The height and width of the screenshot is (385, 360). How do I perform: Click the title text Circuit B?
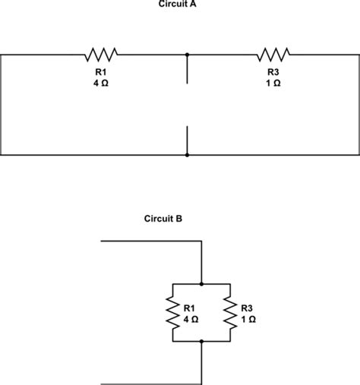[163, 219]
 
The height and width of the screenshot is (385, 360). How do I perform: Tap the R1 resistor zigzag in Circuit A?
[101, 54]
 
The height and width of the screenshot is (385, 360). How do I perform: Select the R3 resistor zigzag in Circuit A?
[273, 54]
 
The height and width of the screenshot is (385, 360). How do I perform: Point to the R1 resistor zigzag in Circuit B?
[173, 313]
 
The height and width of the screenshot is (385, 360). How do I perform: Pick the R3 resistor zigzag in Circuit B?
[229, 313]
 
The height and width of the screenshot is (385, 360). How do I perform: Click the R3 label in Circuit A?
[273, 72]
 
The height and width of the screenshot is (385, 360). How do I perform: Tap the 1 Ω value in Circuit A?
[273, 83]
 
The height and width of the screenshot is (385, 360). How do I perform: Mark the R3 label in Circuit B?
[247, 308]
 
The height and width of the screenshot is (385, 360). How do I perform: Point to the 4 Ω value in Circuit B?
[191, 319]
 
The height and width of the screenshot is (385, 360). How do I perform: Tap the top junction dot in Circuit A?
[187, 55]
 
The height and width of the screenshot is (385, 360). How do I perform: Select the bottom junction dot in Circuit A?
[187, 155]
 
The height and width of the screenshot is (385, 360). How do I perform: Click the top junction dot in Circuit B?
[201, 284]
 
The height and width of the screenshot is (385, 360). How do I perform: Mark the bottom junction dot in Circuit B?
[201, 342]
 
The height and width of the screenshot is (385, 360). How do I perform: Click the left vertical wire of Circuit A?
[2, 105]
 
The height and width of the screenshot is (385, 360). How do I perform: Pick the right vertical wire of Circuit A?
[358, 105]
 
